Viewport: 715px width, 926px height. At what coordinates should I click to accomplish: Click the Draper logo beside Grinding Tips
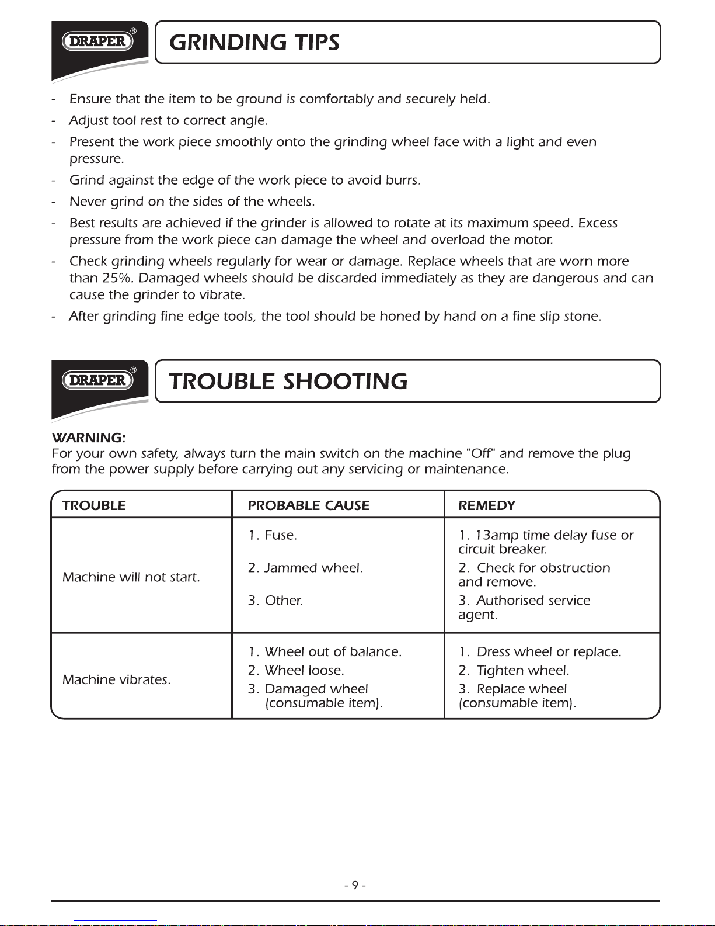(97, 41)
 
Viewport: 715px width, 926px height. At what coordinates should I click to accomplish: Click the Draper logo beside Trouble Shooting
(97, 380)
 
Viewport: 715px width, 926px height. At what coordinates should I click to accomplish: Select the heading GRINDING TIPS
(254, 42)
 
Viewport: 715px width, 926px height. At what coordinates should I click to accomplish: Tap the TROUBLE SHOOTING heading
(288, 382)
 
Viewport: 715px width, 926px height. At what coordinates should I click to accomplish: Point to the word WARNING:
(88, 438)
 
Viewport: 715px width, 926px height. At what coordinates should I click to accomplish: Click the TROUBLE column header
(94, 505)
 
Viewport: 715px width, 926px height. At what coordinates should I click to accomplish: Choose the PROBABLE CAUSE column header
(308, 505)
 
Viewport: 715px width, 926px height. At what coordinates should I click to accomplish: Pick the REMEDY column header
(487, 505)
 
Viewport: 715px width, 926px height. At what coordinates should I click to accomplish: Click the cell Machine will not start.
(131, 577)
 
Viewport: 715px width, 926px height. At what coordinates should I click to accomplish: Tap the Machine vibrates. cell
(116, 680)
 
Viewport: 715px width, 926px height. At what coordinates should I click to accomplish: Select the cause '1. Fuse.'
(272, 535)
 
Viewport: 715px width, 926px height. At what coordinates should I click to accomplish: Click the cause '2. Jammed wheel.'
(305, 568)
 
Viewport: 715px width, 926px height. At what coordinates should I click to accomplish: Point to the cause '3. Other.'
(275, 601)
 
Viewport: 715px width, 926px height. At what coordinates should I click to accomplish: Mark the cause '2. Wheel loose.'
(296, 671)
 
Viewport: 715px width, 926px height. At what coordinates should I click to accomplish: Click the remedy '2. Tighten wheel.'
(514, 671)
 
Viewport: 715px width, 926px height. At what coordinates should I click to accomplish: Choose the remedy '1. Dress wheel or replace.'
(539, 652)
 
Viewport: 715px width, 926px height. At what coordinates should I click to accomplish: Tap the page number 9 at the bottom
(355, 885)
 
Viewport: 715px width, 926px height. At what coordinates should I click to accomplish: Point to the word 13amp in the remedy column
(497, 535)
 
